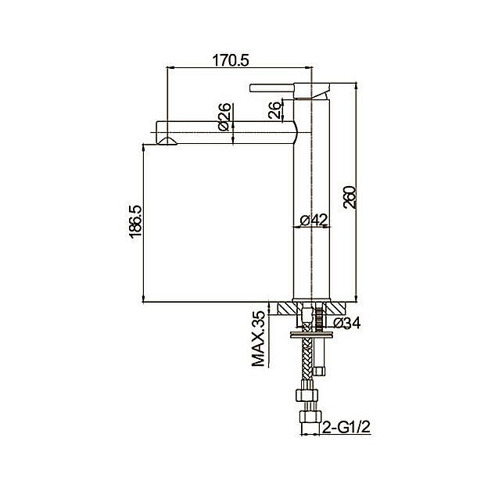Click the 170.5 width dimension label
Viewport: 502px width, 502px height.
coord(231,60)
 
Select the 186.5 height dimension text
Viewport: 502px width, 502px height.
coord(136,221)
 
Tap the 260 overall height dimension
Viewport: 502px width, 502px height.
coord(350,197)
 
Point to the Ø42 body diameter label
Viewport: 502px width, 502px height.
coord(314,220)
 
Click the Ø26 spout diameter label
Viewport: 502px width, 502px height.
coord(224,117)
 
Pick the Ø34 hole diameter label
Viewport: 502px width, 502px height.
coord(347,323)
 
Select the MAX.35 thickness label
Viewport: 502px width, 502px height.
coord(259,339)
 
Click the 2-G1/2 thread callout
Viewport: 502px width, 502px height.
coord(346,427)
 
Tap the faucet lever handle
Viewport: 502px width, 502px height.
coord(272,88)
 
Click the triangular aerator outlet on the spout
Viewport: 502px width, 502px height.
coord(167,141)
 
